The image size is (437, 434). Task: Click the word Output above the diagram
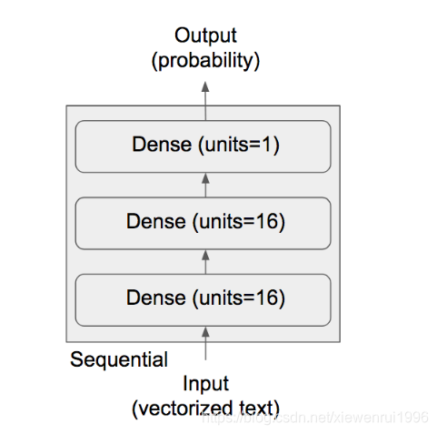pos(205,36)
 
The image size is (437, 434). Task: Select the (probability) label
pos(205,61)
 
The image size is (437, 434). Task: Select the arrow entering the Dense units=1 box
pos(205,184)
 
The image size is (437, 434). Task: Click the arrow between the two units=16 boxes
pos(205,260)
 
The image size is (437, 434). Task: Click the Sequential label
pos(119,360)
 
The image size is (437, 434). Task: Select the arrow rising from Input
pos(205,346)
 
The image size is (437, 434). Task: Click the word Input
pos(205,383)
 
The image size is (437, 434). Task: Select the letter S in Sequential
pos(76,360)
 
